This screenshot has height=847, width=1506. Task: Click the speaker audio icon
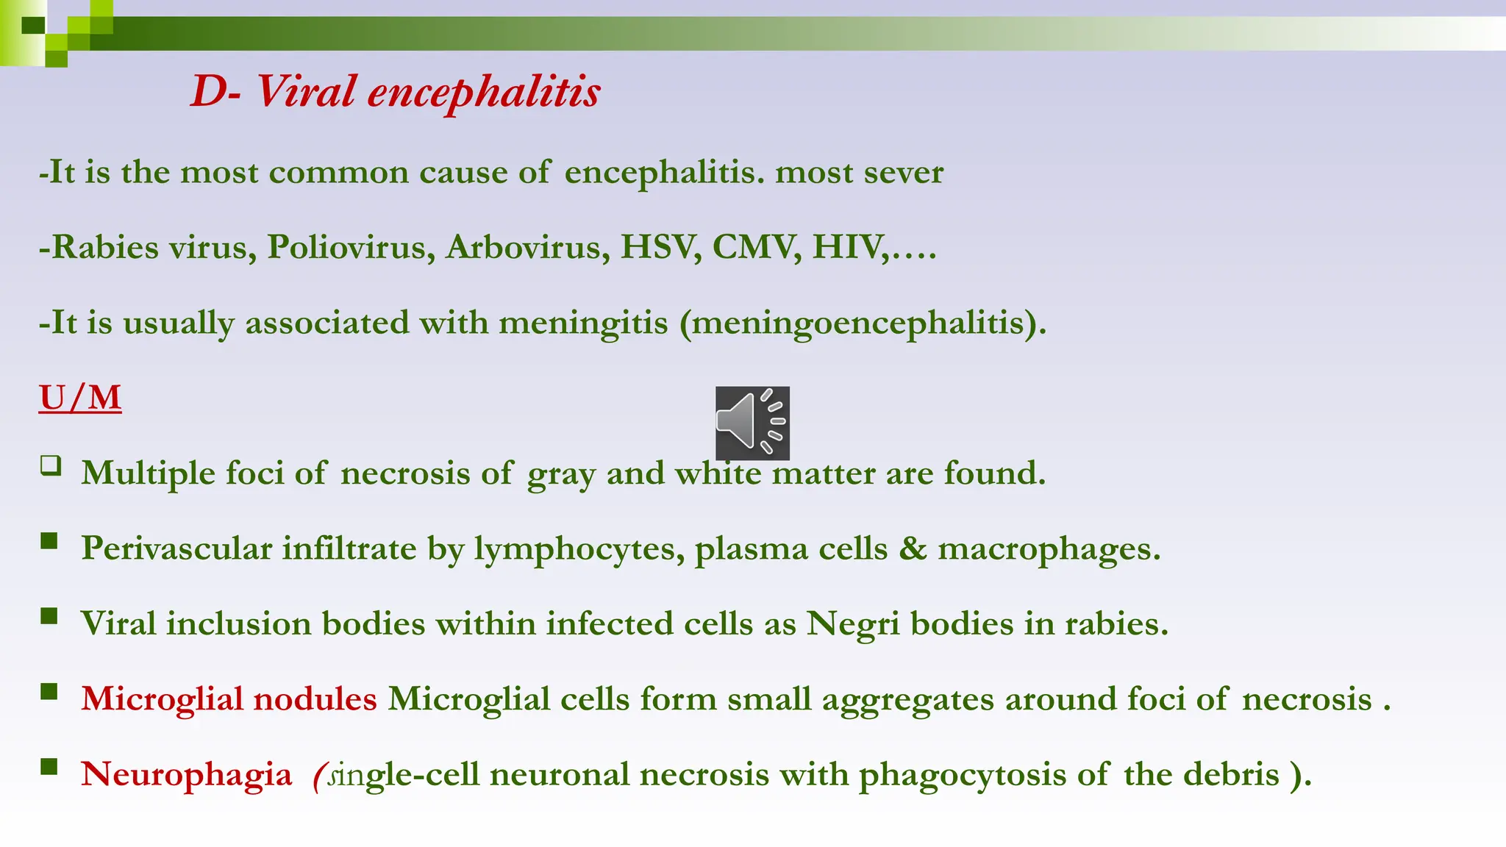(x=752, y=423)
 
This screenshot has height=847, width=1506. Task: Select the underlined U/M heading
(x=80, y=398)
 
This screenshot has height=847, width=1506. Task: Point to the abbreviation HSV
(x=660, y=247)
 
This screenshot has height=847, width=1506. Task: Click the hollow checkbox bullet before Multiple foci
(x=51, y=465)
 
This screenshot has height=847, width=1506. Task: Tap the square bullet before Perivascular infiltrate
(x=49, y=542)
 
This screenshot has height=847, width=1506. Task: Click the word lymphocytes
(x=579, y=549)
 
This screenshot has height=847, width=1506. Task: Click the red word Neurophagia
(x=187, y=775)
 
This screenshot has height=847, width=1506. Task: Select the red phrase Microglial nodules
(x=229, y=698)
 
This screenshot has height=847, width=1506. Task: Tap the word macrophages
(x=1049, y=549)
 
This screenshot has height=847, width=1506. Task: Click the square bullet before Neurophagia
(x=49, y=768)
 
